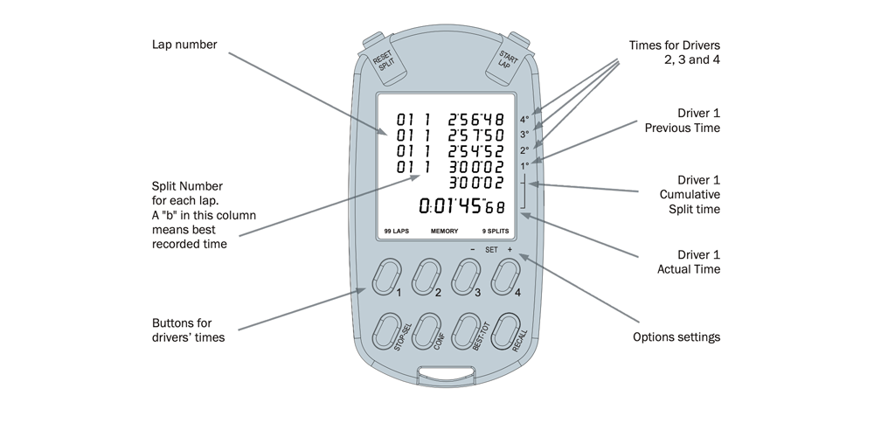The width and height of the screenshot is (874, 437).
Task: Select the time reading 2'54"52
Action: (x=475, y=150)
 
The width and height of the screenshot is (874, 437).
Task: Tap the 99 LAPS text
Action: (x=398, y=232)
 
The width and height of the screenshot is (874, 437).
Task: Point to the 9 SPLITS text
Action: (x=496, y=232)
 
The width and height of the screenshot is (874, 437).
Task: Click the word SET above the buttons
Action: (x=491, y=249)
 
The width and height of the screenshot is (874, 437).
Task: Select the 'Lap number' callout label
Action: (x=184, y=45)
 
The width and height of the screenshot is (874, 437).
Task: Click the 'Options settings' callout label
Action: (x=676, y=336)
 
